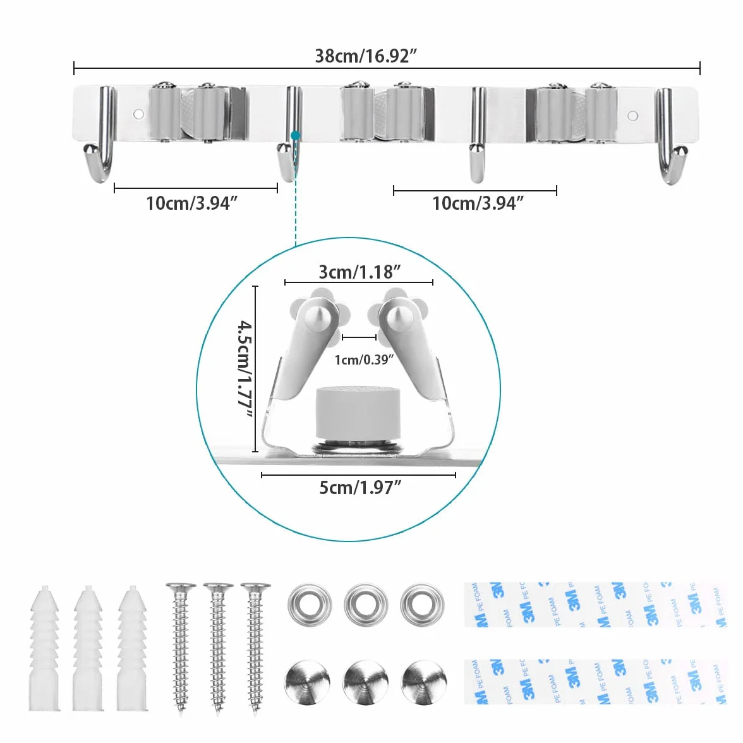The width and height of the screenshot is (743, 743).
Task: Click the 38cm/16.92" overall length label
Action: pos(366,56)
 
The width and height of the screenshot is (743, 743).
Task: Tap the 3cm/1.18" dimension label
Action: pos(359,272)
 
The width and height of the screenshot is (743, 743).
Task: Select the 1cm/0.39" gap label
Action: pos(364,360)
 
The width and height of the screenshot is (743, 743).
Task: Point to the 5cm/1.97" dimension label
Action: pos(359,487)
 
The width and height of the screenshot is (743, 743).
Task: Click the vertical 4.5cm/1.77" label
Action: pos(245,370)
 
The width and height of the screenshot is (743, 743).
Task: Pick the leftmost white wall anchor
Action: pos(44,649)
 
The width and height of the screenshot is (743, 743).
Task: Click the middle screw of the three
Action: pos(218,649)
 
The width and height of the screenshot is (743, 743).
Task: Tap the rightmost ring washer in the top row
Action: pos(421,605)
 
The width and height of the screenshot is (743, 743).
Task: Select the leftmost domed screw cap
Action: pos(307,682)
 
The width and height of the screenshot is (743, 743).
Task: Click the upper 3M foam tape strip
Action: pos(595,605)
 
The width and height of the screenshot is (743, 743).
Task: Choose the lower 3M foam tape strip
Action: pos(595,681)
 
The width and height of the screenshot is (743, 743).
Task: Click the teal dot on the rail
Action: pos(296,136)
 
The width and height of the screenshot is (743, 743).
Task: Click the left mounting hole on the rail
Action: pos(138,114)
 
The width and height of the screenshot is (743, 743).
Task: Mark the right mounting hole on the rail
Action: pos(632,116)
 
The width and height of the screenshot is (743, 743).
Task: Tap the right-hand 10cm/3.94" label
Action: pos(478,203)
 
